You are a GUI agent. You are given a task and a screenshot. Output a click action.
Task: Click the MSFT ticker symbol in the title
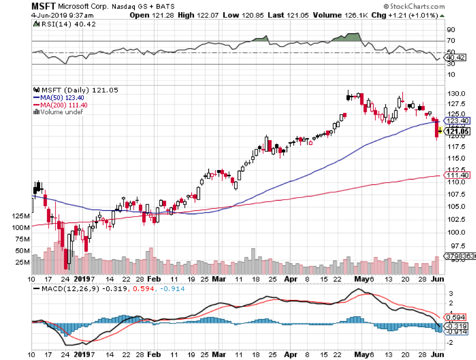pos(43,6)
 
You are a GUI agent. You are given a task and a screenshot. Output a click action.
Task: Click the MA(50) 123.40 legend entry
pos(55,97)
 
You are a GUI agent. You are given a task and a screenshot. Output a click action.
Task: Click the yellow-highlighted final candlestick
pos(439,130)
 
